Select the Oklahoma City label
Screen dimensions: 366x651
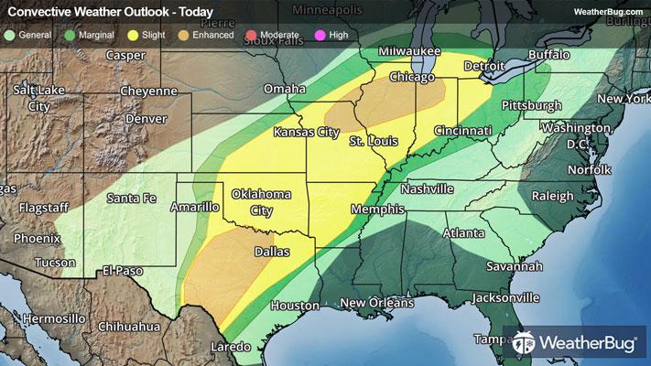click(261, 201)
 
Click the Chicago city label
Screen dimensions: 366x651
click(413, 79)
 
